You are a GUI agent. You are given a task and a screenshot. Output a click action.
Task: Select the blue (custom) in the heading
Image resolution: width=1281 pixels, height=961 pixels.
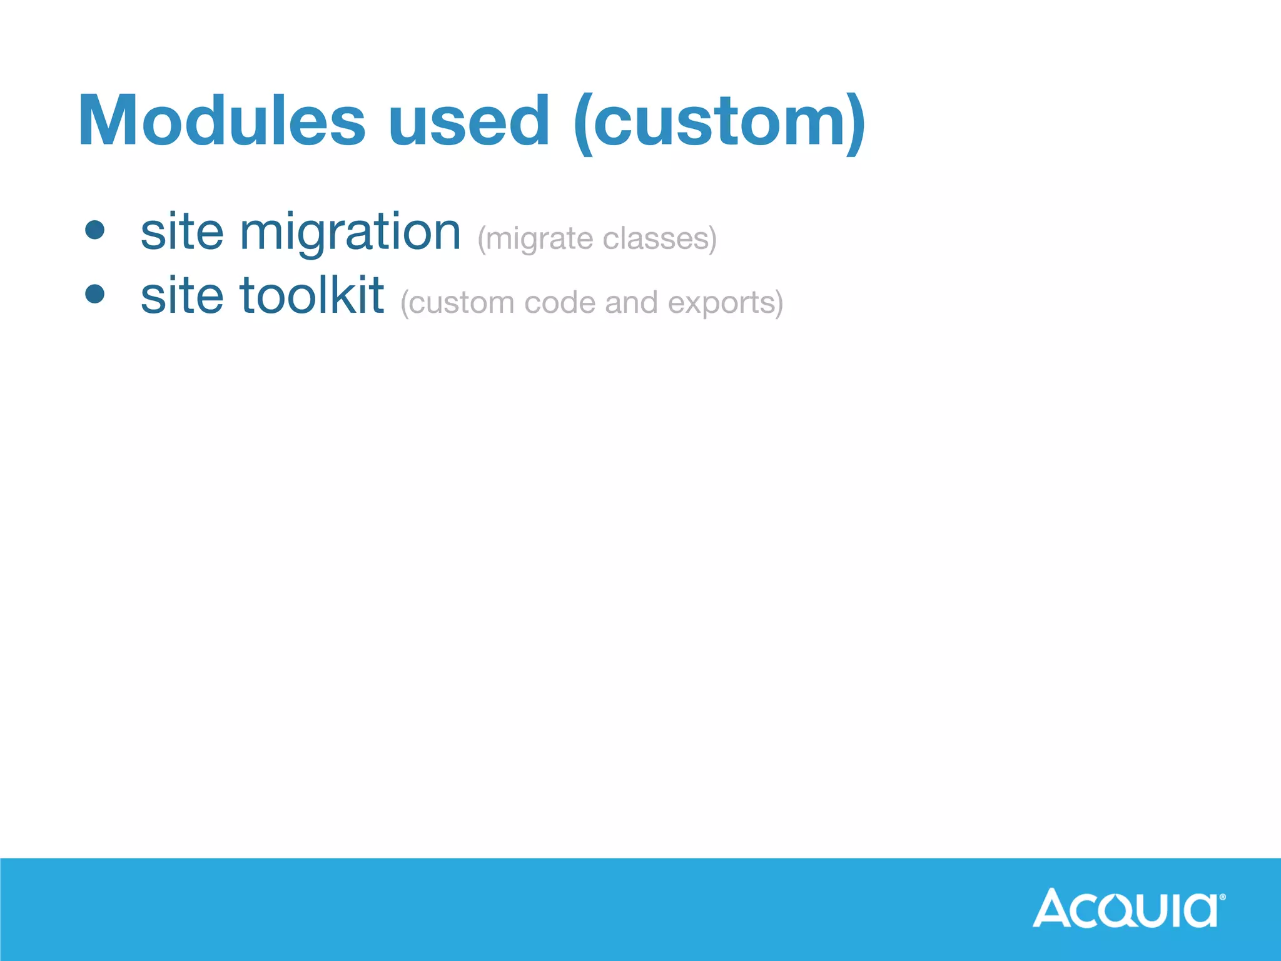click(719, 122)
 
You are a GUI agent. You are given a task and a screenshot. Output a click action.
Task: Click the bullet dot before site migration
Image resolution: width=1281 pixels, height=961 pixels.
click(95, 230)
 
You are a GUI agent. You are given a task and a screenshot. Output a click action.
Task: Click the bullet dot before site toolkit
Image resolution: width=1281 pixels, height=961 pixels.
click(95, 293)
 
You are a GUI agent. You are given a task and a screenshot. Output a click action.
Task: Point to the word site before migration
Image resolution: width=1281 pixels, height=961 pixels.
click(181, 232)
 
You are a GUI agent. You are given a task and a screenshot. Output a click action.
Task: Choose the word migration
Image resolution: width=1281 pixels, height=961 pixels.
click(350, 233)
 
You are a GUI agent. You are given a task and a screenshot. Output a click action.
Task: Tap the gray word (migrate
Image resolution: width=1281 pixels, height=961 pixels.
click(535, 240)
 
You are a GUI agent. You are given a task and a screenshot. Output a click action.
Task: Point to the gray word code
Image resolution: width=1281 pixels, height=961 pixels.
click(559, 303)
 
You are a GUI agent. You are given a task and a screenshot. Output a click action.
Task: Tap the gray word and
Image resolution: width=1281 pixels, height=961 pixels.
click(631, 303)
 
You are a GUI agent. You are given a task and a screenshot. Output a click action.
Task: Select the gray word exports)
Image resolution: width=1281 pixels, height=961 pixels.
click(726, 303)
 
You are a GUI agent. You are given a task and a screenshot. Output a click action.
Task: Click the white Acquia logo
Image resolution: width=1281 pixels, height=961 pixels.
click(1126, 908)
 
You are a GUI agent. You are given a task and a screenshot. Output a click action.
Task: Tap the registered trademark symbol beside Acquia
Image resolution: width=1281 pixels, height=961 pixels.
click(1223, 897)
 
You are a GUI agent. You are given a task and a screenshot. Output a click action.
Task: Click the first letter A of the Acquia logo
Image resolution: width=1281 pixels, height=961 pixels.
click(1053, 908)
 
